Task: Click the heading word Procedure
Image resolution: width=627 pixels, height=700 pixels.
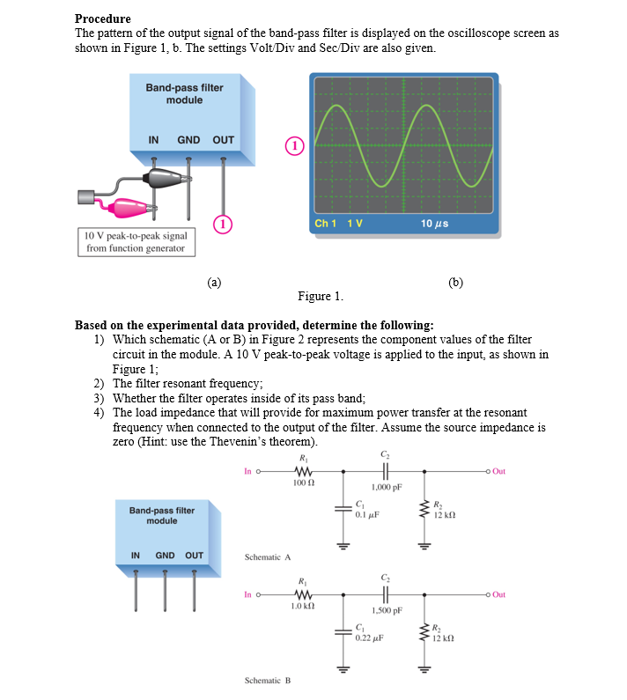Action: pyautogui.click(x=102, y=18)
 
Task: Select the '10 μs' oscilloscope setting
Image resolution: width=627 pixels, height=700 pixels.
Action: pyautogui.click(x=435, y=224)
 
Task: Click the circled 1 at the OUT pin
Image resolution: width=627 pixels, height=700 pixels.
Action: pyautogui.click(x=224, y=224)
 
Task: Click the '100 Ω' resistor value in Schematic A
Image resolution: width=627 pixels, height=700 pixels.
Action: pyautogui.click(x=303, y=483)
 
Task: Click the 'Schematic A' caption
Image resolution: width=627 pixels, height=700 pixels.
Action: pyautogui.click(x=268, y=557)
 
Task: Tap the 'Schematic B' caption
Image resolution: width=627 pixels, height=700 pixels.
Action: pyautogui.click(x=268, y=681)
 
